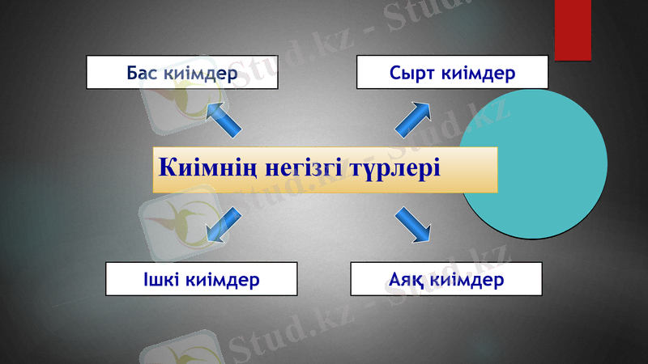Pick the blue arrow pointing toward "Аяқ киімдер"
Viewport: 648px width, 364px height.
412,224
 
